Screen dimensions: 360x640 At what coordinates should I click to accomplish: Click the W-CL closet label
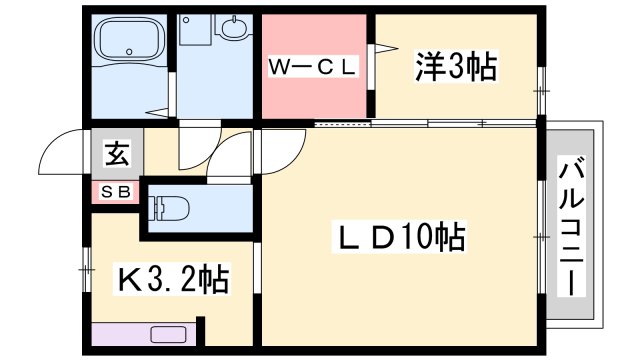click(x=312, y=68)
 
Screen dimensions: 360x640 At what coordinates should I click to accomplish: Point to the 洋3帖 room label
click(x=456, y=67)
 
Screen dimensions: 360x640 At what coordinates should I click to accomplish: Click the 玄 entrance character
click(x=116, y=155)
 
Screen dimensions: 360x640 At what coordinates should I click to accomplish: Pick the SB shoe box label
click(x=115, y=192)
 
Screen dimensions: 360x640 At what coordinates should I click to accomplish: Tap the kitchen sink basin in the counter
click(x=171, y=334)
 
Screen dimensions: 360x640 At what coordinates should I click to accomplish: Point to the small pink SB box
click(x=115, y=192)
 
